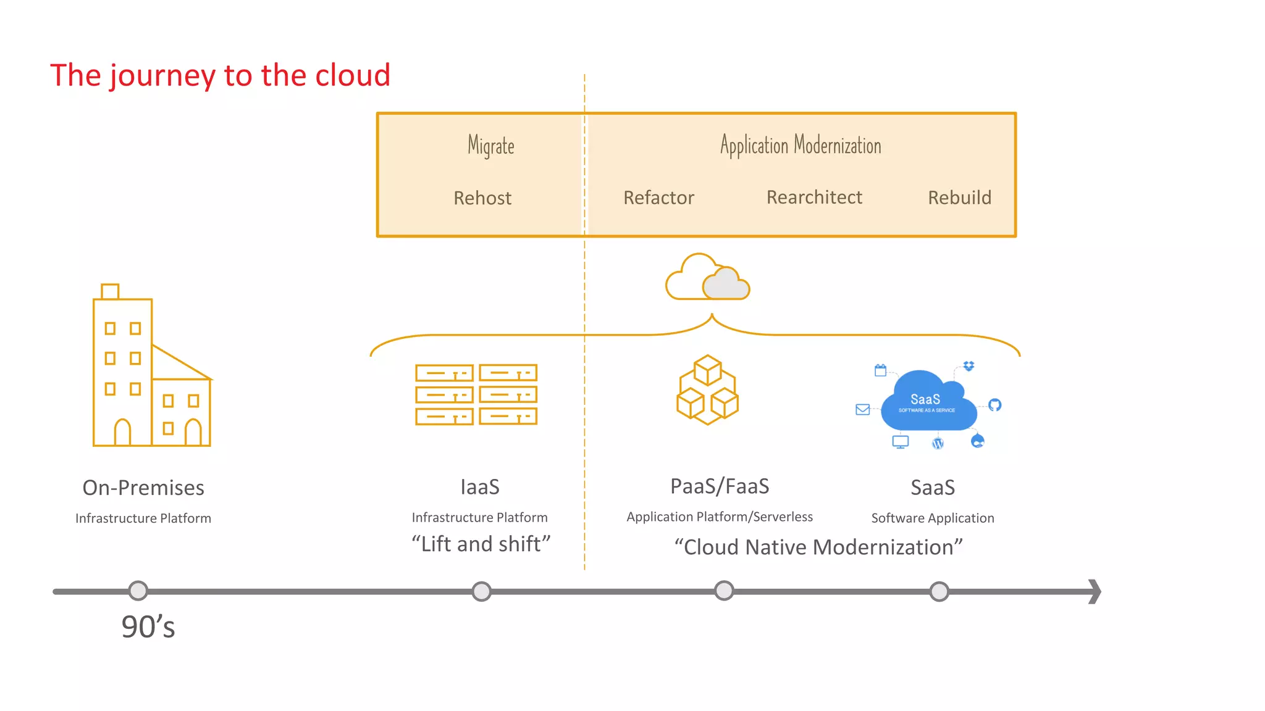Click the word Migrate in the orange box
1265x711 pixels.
(491, 146)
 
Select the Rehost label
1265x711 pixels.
(482, 198)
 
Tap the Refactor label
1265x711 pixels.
(658, 197)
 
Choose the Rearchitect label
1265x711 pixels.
(814, 197)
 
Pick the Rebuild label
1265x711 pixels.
(959, 197)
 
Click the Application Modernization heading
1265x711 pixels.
(801, 146)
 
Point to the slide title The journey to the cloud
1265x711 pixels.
(220, 75)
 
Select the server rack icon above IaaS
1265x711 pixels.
(476, 394)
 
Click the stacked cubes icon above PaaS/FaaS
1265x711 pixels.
(707, 389)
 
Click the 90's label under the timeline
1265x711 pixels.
(148, 627)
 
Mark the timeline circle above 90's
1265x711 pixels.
(138, 591)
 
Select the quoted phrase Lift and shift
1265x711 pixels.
(481, 544)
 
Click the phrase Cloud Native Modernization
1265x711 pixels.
(818, 547)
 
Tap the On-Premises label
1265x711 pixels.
(143, 488)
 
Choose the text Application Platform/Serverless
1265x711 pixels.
(720, 517)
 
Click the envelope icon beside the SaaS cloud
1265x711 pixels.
(863, 409)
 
